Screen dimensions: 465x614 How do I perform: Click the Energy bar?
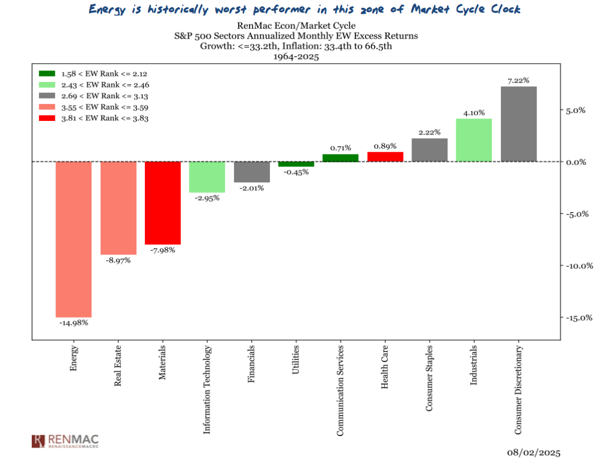pos(73,239)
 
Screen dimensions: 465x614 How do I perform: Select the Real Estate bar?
pos(118,208)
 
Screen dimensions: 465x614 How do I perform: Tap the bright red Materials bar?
pos(162,203)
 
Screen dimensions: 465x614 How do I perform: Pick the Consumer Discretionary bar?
pos(518,124)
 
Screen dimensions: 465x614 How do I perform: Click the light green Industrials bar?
pos(474,140)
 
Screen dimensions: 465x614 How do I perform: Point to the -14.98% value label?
pos(73,323)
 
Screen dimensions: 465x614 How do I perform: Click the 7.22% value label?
pos(518,80)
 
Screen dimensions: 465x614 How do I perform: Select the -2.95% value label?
pos(207,198)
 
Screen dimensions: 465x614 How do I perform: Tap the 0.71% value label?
pos(340,147)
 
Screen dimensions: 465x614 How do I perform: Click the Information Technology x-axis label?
pos(207,389)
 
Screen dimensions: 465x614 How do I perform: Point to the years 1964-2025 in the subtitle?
pos(296,57)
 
